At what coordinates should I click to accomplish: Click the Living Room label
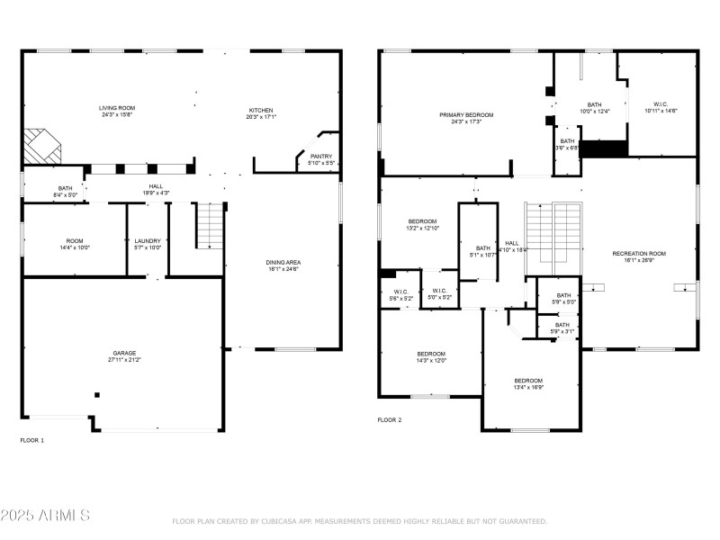click(x=117, y=108)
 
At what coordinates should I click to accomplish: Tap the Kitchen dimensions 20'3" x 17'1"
click(x=262, y=116)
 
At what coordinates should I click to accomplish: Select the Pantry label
click(x=320, y=157)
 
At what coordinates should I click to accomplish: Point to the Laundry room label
click(x=147, y=240)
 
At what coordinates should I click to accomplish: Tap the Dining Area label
click(x=283, y=263)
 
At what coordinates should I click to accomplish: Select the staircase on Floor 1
click(x=210, y=227)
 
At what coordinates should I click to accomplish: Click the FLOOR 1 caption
click(x=31, y=440)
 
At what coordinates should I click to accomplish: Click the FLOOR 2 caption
click(x=389, y=419)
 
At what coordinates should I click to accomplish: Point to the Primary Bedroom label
click(x=466, y=115)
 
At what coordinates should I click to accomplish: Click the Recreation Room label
click(x=639, y=254)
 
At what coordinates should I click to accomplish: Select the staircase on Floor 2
click(x=553, y=236)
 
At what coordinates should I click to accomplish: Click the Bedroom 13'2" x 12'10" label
click(x=422, y=221)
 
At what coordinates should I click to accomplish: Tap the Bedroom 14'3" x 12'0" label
click(x=431, y=354)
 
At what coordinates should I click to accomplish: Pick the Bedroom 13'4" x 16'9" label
click(x=528, y=380)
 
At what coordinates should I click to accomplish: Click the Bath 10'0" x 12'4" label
click(x=594, y=104)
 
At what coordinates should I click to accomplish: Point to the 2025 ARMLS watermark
click(x=45, y=516)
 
